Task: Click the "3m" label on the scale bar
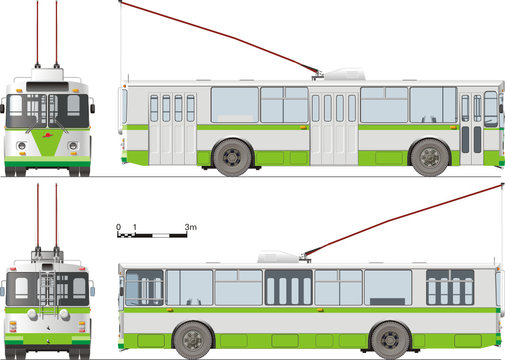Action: click(x=190, y=228)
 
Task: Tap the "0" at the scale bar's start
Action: click(x=118, y=228)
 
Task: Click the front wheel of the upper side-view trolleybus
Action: click(x=430, y=156)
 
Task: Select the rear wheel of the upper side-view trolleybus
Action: click(x=232, y=156)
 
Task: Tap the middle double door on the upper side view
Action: click(x=333, y=128)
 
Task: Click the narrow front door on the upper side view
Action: click(x=471, y=128)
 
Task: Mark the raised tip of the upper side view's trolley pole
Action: click(x=121, y=4)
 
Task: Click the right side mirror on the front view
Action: click(x=92, y=105)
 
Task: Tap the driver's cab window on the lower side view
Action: click(x=143, y=287)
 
